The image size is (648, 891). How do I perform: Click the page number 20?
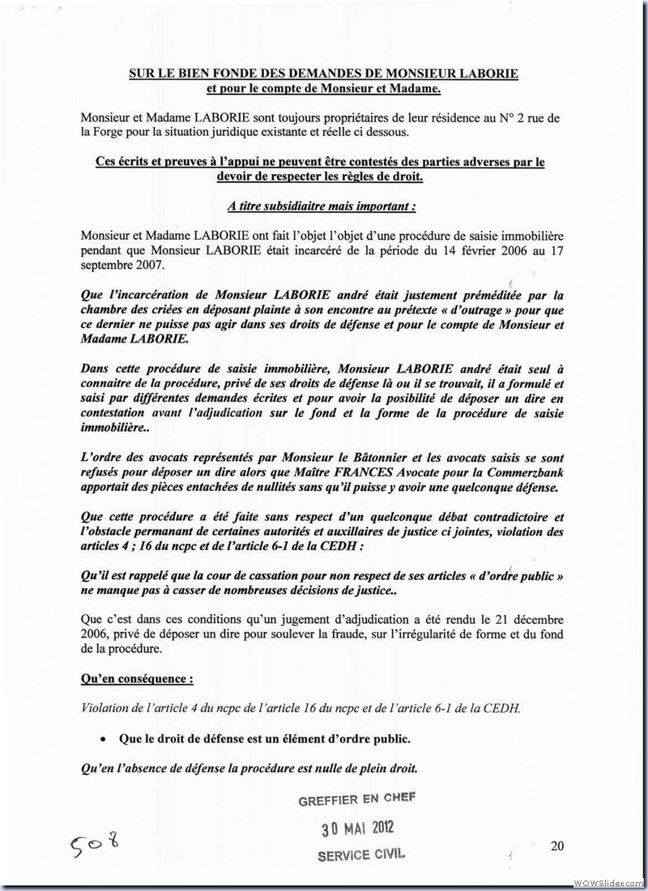click(x=556, y=846)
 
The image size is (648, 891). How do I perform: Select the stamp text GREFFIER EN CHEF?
click(x=356, y=799)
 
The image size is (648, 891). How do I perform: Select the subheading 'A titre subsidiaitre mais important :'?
click(x=322, y=207)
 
